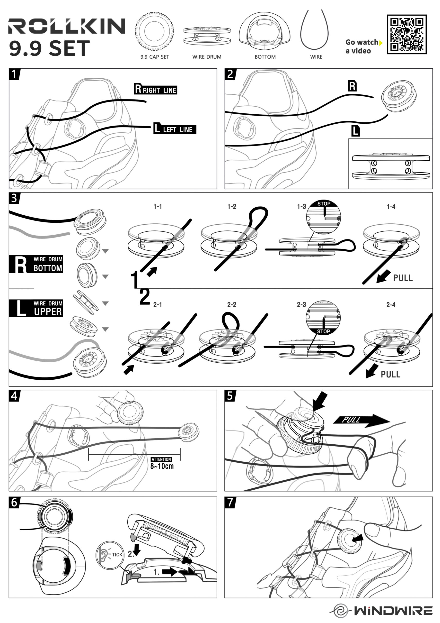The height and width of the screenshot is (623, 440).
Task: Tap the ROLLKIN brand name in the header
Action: [x=67, y=26]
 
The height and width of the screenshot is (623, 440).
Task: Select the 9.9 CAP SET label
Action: [x=155, y=57]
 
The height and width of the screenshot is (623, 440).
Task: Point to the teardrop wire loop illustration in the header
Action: [x=314, y=30]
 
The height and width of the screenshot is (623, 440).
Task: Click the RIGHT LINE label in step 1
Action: [x=156, y=89]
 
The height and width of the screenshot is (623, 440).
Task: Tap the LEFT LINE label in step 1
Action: [x=175, y=128]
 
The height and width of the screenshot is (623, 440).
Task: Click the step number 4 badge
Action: [x=14, y=396]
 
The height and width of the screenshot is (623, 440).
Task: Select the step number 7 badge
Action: [x=230, y=502]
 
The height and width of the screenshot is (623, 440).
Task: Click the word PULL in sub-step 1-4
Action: [x=403, y=278]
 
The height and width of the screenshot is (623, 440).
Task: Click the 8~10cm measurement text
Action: [x=162, y=466]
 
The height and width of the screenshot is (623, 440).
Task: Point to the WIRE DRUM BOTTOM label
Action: [x=36, y=264]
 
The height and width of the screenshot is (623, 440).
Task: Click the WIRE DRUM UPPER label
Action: [x=36, y=308]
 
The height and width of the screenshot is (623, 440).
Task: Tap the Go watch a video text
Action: [x=362, y=46]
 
